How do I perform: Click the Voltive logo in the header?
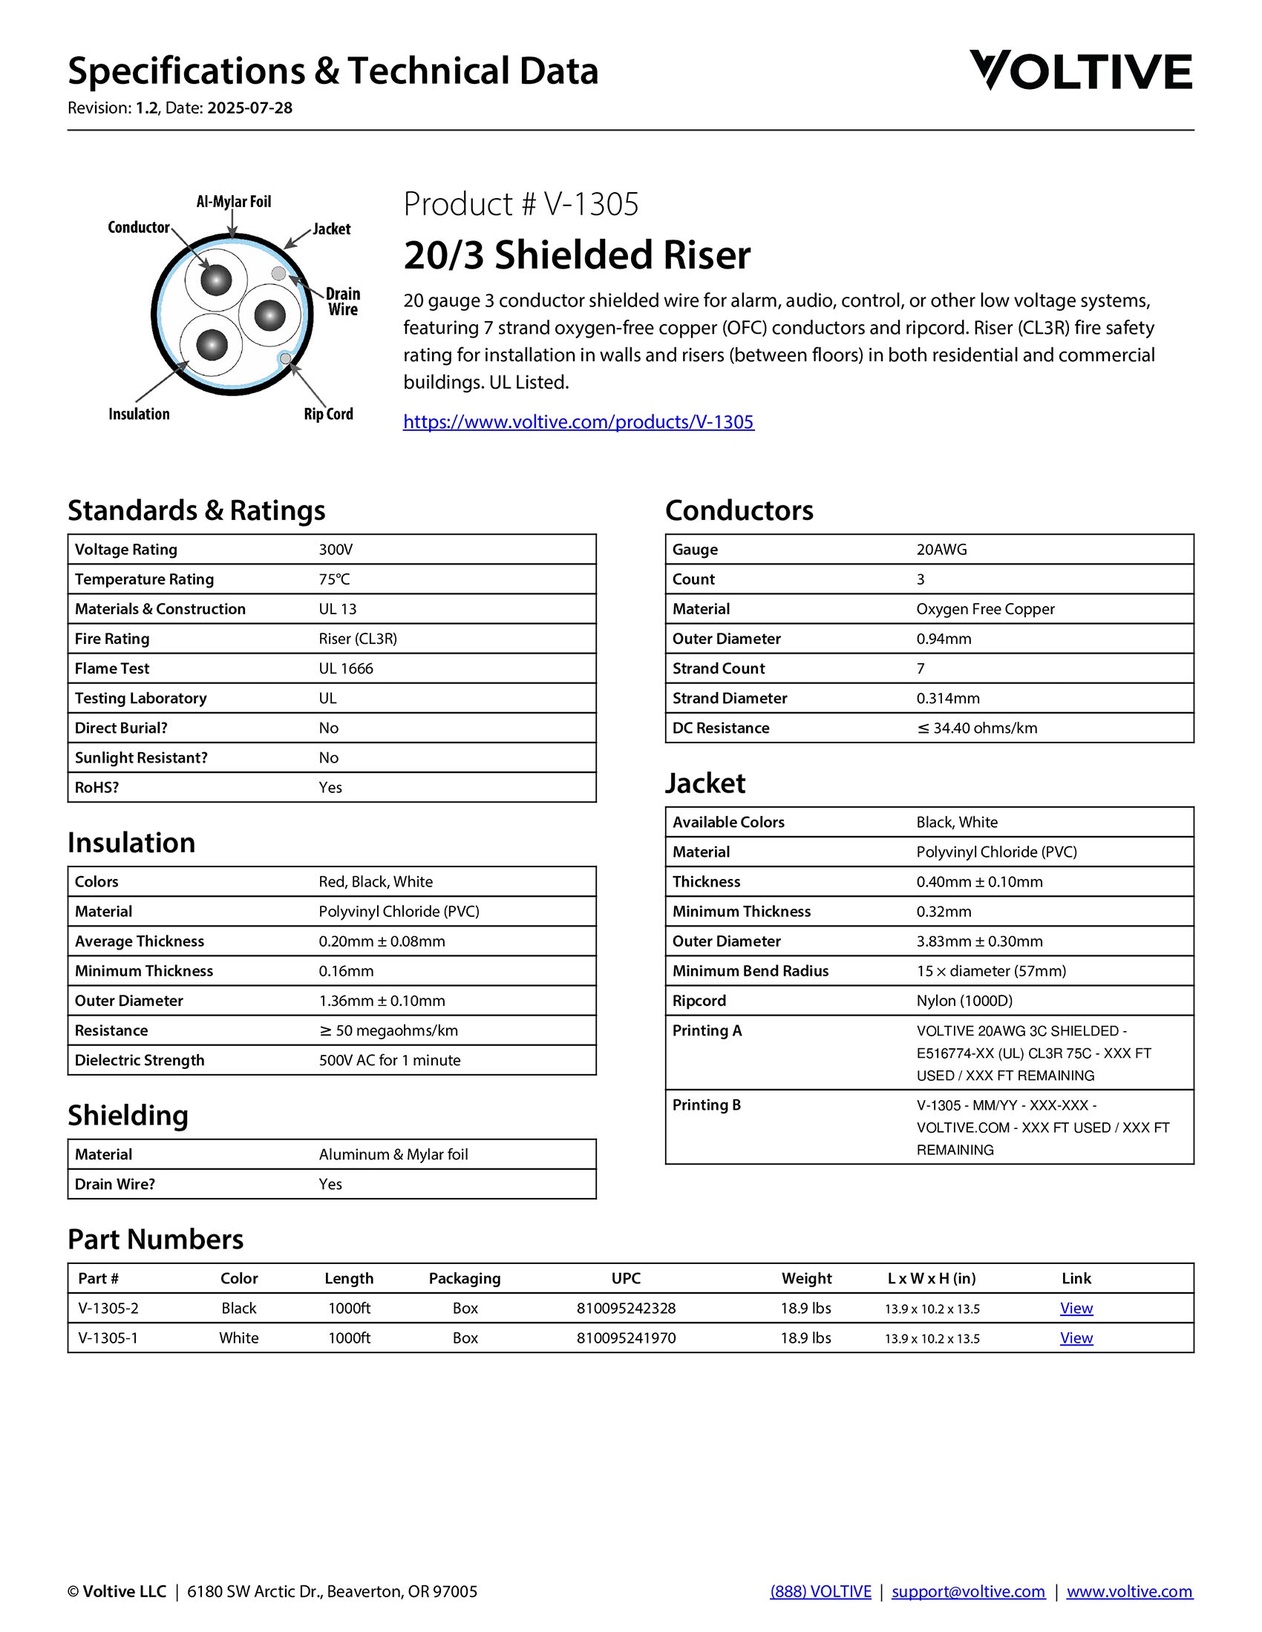[x=1080, y=71]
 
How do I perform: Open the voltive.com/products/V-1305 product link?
[x=579, y=422]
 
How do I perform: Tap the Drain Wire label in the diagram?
[x=343, y=301]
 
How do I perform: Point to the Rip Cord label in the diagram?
[x=328, y=414]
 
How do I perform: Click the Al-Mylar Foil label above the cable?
[x=233, y=202]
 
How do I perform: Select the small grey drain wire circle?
[x=279, y=274]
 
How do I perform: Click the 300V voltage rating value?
[x=336, y=550]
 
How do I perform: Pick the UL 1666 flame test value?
[x=345, y=669]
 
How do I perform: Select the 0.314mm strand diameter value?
[x=948, y=699]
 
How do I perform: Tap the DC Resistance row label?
[x=721, y=728]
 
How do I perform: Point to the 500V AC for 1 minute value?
[x=390, y=1061]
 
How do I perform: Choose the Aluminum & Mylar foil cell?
[x=393, y=1155]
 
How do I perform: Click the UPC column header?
[x=626, y=1279]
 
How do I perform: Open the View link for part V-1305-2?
[x=1076, y=1309]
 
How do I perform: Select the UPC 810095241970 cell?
[x=626, y=1338]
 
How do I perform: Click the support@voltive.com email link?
[x=968, y=1592]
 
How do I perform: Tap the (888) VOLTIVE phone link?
[x=820, y=1592]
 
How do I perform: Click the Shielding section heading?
[x=128, y=1116]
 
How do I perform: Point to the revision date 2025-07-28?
[x=249, y=108]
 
